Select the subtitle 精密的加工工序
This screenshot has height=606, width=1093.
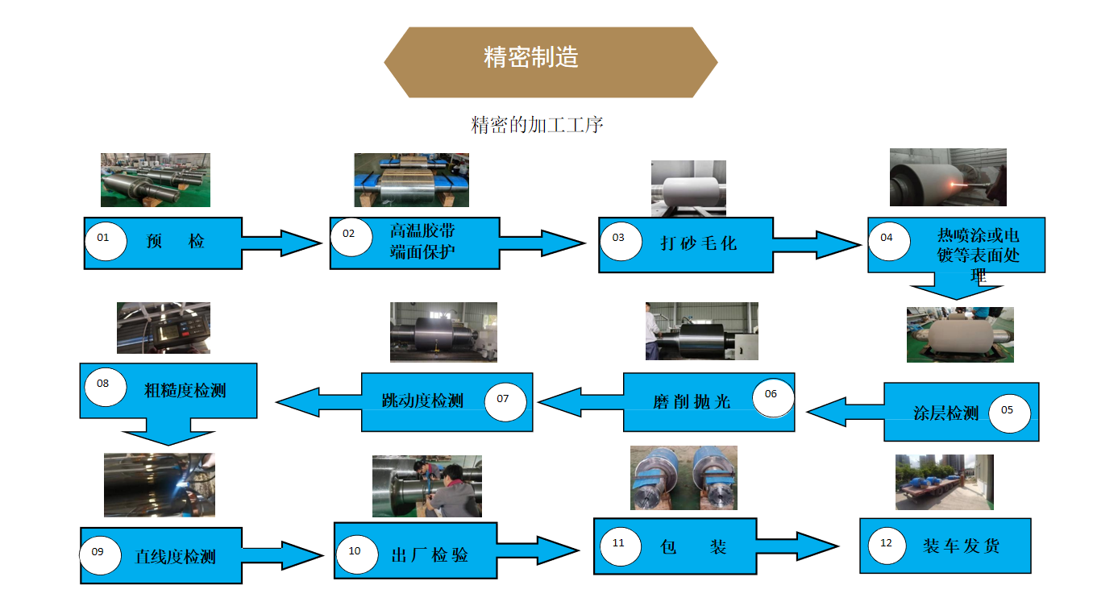pos(537,125)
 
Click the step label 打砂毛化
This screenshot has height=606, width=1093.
pos(698,243)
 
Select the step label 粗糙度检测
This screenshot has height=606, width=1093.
pos(185,391)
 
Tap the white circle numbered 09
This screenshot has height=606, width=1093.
pos(100,554)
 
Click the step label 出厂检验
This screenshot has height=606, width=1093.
pos(429,555)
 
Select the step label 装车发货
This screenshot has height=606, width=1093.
pos(961,546)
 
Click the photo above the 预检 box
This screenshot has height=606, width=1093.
pos(155,180)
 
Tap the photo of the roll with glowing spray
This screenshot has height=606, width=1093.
pos(947,176)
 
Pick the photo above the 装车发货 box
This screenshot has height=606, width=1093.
pos(944,483)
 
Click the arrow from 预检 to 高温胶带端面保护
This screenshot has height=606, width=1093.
pos(283,242)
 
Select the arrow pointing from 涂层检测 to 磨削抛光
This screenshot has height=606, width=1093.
pos(844,412)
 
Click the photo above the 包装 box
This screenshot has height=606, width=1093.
pos(684,479)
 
